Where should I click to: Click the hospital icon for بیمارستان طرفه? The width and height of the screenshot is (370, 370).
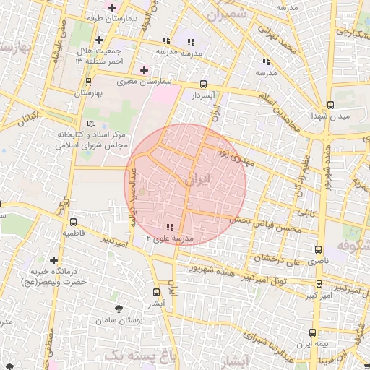tap(112, 7)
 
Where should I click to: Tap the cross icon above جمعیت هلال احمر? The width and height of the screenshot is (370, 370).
tap(99, 40)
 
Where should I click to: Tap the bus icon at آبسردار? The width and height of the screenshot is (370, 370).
tap(204, 83)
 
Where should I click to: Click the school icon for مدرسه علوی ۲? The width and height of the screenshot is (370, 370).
tap(170, 227)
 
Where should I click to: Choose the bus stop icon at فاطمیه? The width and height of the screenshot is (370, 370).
tap(73, 222)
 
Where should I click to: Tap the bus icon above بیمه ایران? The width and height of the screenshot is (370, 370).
tap(312, 332)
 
